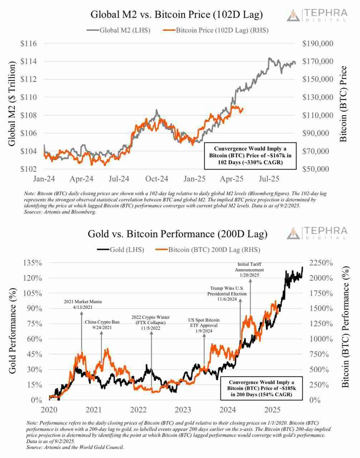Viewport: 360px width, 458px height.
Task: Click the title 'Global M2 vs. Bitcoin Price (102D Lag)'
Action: tap(176, 15)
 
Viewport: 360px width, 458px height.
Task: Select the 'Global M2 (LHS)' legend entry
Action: tap(118, 30)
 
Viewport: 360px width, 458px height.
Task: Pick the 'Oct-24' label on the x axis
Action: tap(156, 178)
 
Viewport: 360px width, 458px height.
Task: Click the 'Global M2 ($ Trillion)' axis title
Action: tap(12, 103)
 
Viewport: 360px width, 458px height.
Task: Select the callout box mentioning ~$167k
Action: tap(250, 156)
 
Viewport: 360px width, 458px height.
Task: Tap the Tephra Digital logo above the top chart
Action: tap(317, 15)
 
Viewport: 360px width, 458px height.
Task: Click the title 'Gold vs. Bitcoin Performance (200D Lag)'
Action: tap(177, 234)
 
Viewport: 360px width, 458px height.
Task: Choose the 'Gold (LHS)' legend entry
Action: tap(121, 250)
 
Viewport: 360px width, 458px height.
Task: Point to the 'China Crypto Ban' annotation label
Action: tap(102, 325)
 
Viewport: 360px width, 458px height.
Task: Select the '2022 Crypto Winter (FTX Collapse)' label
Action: tap(150, 322)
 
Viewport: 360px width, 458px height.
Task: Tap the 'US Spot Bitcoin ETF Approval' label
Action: tap(204, 325)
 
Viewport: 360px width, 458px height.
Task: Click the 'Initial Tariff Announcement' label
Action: tap(250, 269)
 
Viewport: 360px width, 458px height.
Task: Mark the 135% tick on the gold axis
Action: tap(33, 263)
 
